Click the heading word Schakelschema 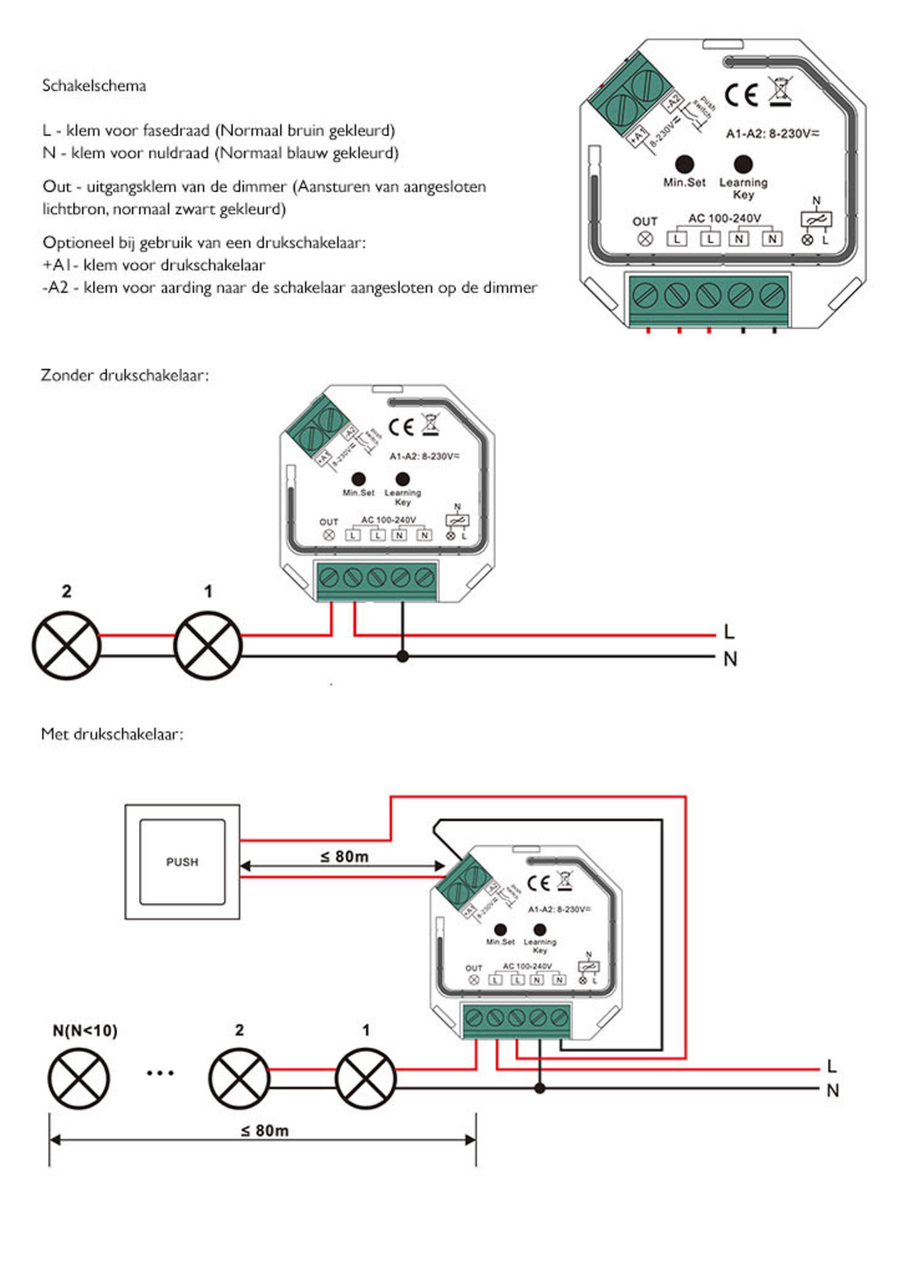(94, 86)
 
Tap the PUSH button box (183, 861)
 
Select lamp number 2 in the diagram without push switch (66, 646)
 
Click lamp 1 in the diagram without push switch (208, 646)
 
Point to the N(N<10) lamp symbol (79, 1078)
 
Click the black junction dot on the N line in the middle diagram (402, 656)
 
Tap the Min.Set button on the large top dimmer (684, 164)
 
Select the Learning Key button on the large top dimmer (743, 164)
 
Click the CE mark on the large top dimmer (741, 95)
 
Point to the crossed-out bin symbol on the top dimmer (781, 91)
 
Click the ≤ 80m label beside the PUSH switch (345, 857)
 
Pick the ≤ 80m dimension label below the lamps (265, 1131)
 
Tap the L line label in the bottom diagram (832, 1066)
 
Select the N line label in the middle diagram (730, 659)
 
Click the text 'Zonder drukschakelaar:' (125, 375)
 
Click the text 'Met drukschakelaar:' (112, 734)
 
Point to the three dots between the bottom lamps (160, 1073)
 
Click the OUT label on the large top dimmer (645, 222)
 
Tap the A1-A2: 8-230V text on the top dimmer (773, 134)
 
